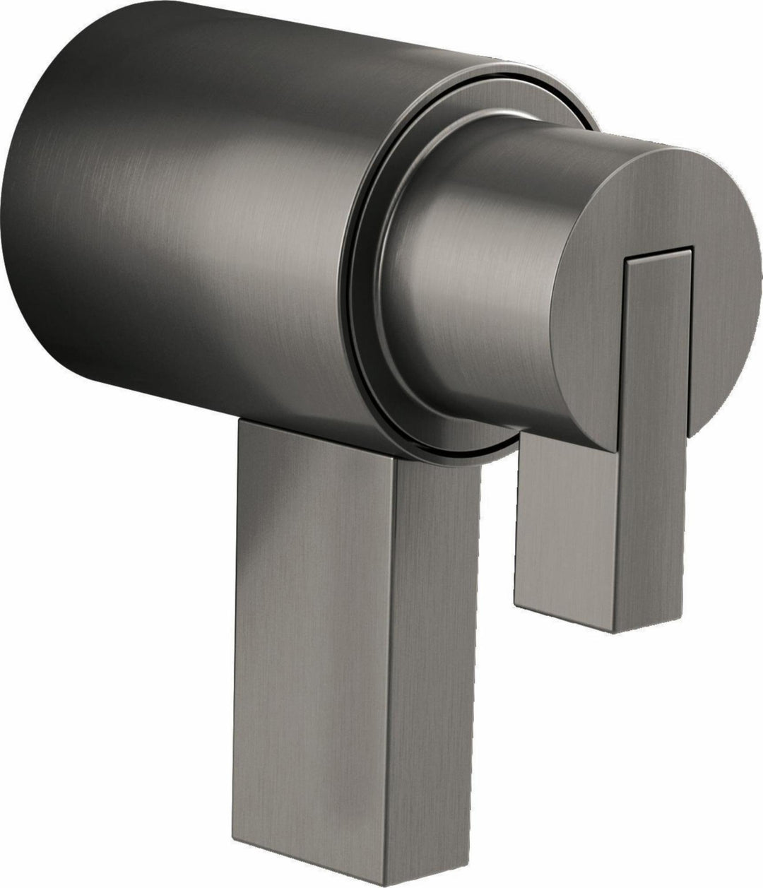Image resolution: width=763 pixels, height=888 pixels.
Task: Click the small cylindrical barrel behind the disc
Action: [459, 283]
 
